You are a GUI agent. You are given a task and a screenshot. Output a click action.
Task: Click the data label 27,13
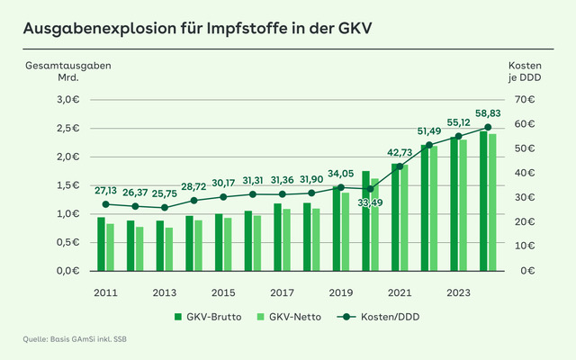point(105,191)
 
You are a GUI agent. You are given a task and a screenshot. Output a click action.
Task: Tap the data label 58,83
point(488,114)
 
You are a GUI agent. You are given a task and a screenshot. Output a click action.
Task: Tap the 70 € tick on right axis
point(524,99)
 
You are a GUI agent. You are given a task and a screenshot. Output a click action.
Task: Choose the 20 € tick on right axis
point(524,221)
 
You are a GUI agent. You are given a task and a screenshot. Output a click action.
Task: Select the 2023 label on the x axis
point(457,292)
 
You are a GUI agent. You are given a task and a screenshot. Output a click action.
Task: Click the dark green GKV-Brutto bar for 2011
point(101,244)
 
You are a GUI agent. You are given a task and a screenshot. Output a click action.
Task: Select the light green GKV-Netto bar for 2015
point(228,244)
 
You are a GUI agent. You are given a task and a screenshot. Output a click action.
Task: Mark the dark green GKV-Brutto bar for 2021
point(394,217)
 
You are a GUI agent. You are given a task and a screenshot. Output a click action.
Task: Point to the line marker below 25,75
point(164,208)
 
